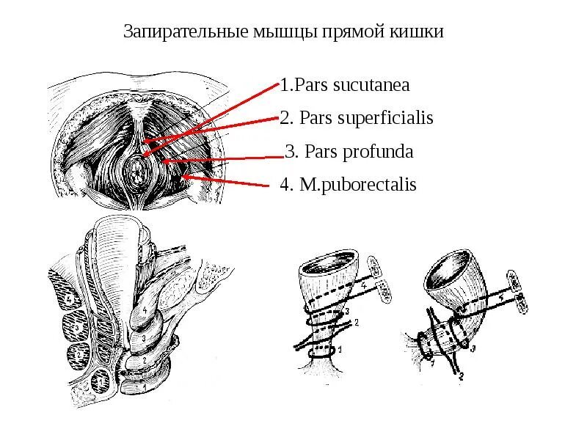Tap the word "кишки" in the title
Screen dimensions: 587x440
[x=421, y=33]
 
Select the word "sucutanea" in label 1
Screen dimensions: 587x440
[x=371, y=85]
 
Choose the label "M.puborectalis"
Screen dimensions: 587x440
[x=357, y=185]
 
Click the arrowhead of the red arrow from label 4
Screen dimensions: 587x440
[x=183, y=176]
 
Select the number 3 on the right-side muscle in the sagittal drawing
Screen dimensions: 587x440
[x=144, y=338]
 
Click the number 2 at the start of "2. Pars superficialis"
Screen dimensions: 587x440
[x=284, y=118]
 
